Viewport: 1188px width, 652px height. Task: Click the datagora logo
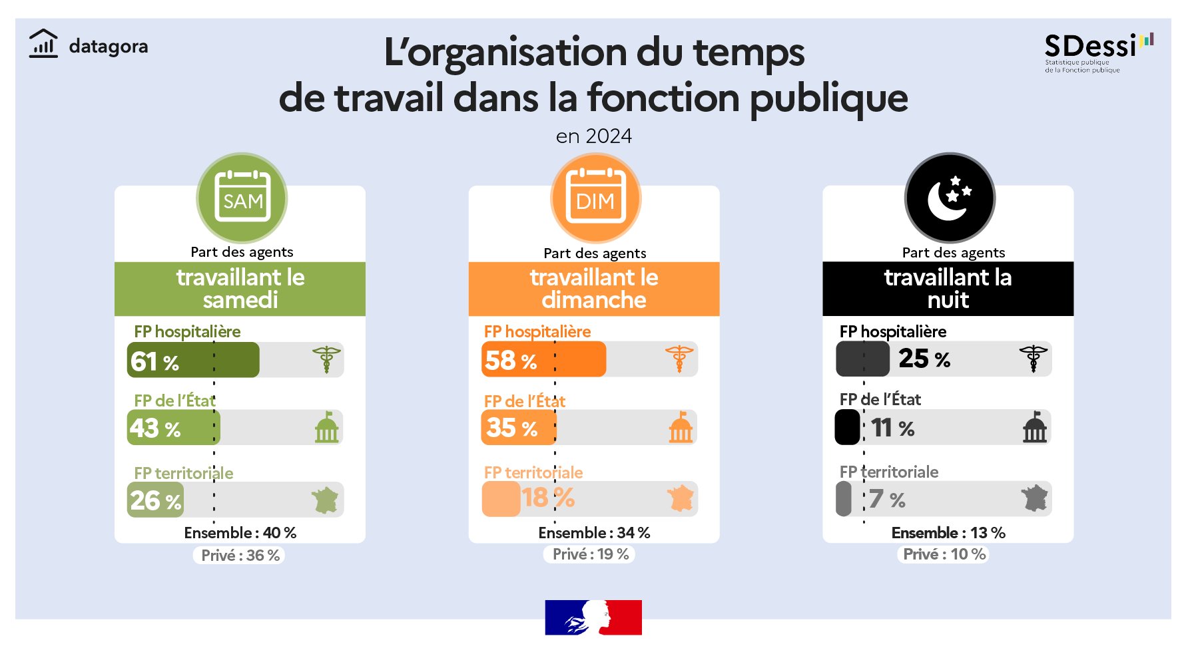click(x=89, y=45)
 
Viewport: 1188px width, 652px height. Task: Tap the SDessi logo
click(x=1098, y=52)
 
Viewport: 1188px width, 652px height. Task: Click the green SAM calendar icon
click(x=242, y=198)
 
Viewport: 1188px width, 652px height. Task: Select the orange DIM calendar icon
click(x=595, y=198)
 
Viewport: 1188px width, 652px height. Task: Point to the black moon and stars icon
click(x=950, y=198)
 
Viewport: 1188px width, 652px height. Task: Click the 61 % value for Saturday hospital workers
click(x=154, y=361)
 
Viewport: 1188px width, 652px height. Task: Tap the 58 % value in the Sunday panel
click(x=510, y=361)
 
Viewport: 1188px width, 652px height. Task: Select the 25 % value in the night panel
click(x=924, y=359)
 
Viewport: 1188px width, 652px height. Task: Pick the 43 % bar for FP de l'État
click(x=173, y=428)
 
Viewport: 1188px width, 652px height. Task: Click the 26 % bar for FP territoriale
click(x=156, y=500)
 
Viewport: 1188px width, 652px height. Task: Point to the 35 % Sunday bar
click(x=518, y=428)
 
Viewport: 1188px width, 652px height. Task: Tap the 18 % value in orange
click(x=547, y=498)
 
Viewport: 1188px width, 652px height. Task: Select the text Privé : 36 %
click(x=240, y=555)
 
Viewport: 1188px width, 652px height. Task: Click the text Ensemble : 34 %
click(x=594, y=533)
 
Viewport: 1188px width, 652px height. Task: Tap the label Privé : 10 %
click(x=944, y=554)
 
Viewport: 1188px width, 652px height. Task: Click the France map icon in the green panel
click(x=325, y=500)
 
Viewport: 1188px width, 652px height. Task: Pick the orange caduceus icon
click(x=679, y=359)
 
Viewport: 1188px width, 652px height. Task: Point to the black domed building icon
click(x=1035, y=427)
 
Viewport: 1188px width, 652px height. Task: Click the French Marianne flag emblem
click(x=593, y=617)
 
